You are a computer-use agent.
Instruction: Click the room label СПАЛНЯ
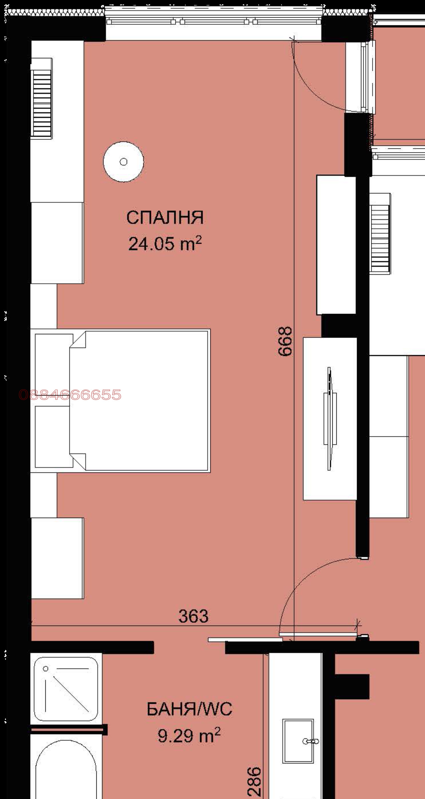pos(165,218)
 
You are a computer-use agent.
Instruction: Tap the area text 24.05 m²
pos(165,244)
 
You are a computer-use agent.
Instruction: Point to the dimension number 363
pos(193,616)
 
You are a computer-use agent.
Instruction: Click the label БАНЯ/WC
pos(189,709)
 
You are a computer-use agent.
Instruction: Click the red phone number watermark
pos(70,395)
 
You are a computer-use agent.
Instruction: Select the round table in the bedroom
pos(123,162)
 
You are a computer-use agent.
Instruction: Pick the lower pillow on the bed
pos(53,436)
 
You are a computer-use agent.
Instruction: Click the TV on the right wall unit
pos(330,418)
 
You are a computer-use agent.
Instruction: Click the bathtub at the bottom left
pos(66,776)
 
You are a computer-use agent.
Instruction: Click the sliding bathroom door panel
pos(245,640)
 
